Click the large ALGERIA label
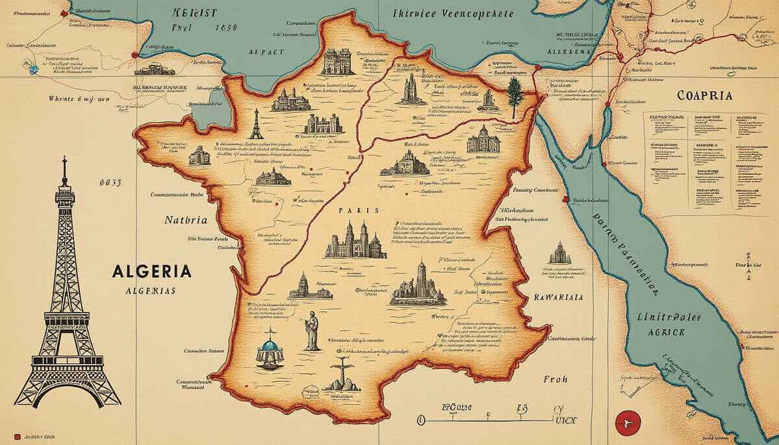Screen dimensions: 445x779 (151, 271)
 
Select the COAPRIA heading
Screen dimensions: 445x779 (704, 95)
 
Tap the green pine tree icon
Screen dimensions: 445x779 (515, 95)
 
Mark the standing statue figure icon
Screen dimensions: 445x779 (313, 331)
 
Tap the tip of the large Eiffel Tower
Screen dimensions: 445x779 (64, 159)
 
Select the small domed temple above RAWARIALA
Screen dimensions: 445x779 (559, 253)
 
